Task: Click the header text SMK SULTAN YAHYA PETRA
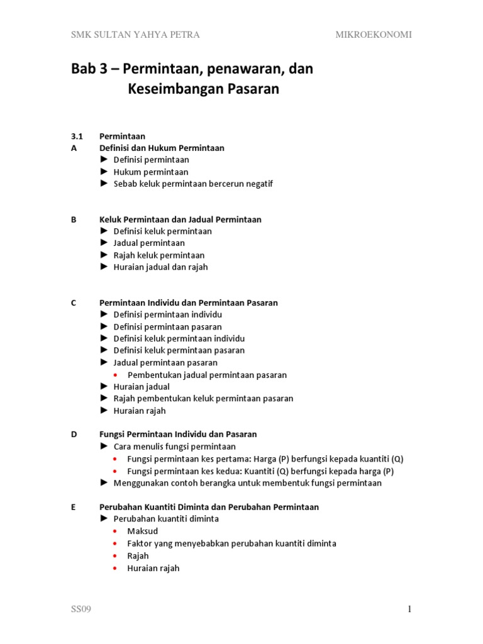pyautogui.click(x=135, y=35)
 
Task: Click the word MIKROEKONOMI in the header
pyautogui.click(x=374, y=35)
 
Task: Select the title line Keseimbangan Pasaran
pyautogui.click(x=203, y=89)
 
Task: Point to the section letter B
pyautogui.click(x=74, y=219)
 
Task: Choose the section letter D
pyautogui.click(x=74, y=434)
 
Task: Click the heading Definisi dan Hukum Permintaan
pyautogui.click(x=162, y=148)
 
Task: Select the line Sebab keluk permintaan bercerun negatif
pyautogui.click(x=193, y=184)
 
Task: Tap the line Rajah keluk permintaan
pyautogui.click(x=158, y=255)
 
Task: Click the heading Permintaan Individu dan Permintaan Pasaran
pyautogui.click(x=188, y=303)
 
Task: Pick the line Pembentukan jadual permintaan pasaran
pyautogui.click(x=207, y=375)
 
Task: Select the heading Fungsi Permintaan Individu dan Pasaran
pyautogui.click(x=178, y=434)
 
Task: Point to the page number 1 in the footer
pyautogui.click(x=409, y=609)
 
